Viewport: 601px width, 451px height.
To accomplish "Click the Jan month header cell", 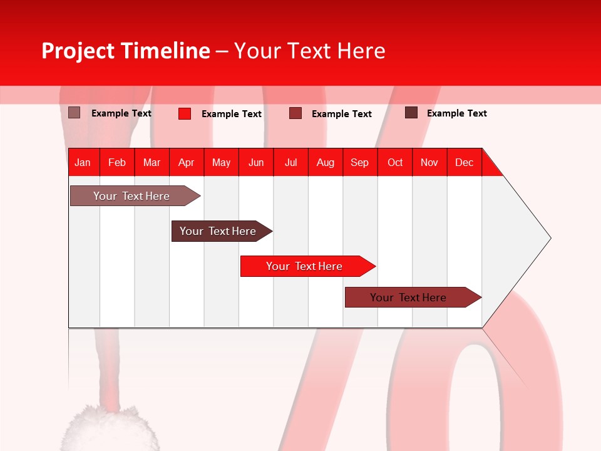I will coord(83,162).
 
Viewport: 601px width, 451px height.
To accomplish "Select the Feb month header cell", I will coord(117,162).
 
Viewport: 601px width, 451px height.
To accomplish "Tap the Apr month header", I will coord(186,162).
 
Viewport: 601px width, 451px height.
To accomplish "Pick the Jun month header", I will coord(256,162).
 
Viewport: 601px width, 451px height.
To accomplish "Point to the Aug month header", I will coord(325,162).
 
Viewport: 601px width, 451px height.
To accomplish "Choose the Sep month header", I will coord(359,162).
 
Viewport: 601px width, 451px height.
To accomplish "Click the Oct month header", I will coord(395,162).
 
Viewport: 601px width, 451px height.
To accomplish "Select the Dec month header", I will coord(464,162).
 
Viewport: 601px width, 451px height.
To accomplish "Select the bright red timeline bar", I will coord(306,266).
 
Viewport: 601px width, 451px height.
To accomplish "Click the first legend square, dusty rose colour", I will coord(74,113).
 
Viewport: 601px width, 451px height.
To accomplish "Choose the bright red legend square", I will coord(185,113).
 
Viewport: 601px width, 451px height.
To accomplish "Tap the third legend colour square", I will coord(295,113).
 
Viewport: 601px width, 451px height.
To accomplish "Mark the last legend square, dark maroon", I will coord(411,113).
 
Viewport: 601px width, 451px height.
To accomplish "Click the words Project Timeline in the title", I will coord(125,51).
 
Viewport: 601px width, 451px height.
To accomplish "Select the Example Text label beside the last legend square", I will coord(456,113).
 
